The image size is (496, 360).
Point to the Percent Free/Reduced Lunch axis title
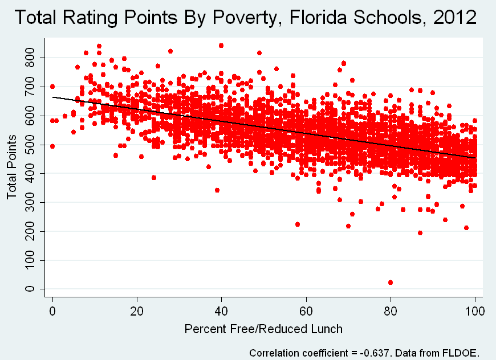click(263, 329)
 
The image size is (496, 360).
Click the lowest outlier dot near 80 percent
click(391, 283)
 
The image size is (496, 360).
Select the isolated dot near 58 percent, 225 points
click(298, 224)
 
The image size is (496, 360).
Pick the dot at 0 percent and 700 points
click(52, 87)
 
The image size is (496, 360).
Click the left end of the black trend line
click(53, 97)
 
